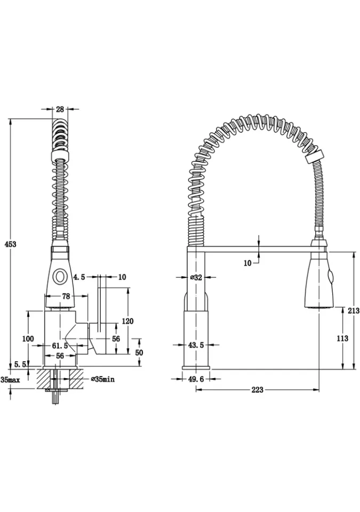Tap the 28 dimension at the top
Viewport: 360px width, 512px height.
click(x=60, y=109)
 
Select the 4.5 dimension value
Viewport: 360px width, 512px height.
click(x=79, y=277)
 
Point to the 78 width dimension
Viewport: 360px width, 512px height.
click(x=67, y=296)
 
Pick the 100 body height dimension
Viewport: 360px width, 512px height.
click(x=28, y=339)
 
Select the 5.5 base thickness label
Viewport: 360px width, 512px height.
click(x=21, y=364)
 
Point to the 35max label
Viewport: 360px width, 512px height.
click(x=10, y=380)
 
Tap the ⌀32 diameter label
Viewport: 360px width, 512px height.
click(x=196, y=277)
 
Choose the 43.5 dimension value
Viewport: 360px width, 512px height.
click(x=195, y=345)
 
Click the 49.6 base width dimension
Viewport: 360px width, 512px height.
click(x=195, y=379)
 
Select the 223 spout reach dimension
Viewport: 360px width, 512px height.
click(x=257, y=390)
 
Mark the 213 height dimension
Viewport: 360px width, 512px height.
click(x=353, y=311)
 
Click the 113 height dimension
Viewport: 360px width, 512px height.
click(x=343, y=338)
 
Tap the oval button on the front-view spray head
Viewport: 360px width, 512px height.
click(x=60, y=276)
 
